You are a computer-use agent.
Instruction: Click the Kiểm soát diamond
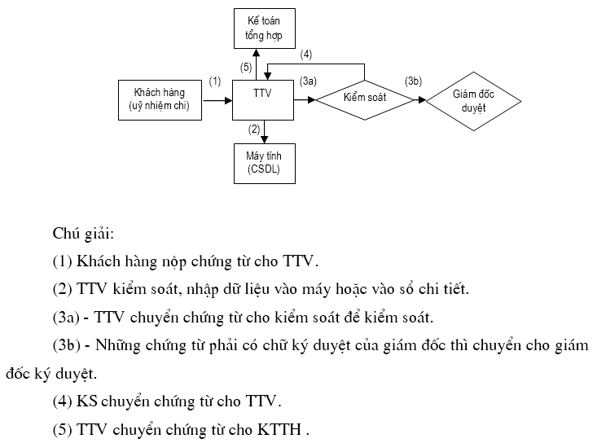tap(364, 99)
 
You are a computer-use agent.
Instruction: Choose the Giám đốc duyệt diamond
tap(473, 100)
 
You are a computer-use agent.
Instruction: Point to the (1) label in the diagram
tap(215, 81)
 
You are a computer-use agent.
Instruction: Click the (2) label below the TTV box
tap(253, 129)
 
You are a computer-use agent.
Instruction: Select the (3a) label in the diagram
tap(308, 81)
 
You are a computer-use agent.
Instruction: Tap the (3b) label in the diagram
tap(413, 81)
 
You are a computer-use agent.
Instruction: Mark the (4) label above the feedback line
tap(306, 55)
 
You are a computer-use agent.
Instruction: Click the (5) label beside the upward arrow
tap(245, 68)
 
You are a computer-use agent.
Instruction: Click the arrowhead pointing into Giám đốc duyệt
tap(421, 100)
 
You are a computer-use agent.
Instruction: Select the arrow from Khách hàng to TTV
tap(217, 100)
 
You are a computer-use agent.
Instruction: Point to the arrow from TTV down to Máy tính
tap(264, 132)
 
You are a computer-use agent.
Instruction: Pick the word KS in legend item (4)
tap(86, 401)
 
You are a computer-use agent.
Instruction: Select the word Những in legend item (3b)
tap(117, 344)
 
